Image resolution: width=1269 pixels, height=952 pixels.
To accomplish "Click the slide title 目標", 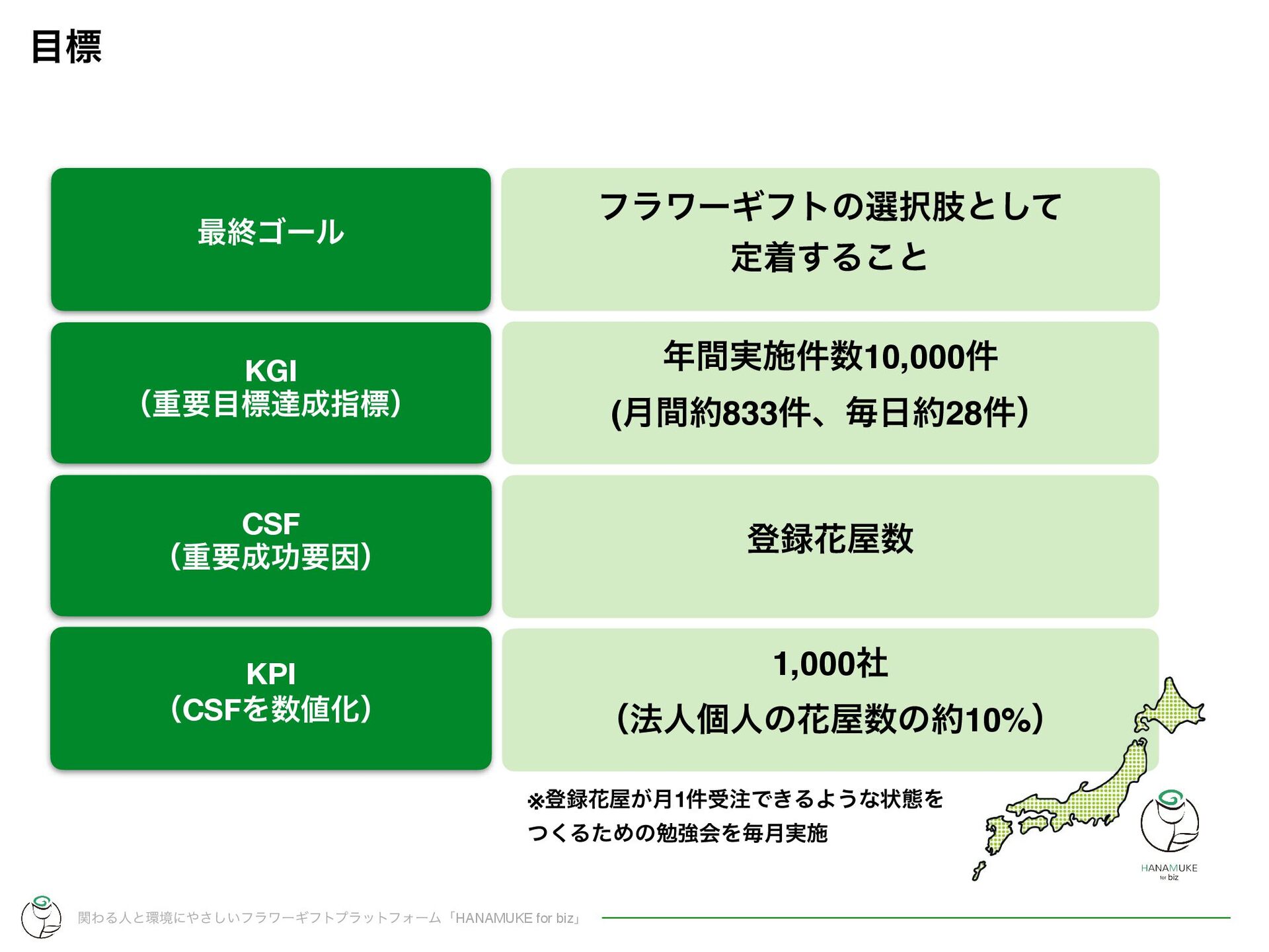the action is [x=66, y=47].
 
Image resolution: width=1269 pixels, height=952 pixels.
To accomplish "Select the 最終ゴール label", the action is [x=270, y=233].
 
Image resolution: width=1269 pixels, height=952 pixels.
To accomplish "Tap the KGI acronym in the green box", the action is [x=270, y=371].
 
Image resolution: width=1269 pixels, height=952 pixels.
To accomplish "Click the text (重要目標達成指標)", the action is [x=270, y=404].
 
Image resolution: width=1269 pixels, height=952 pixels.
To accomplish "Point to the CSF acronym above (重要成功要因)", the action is [x=270, y=524].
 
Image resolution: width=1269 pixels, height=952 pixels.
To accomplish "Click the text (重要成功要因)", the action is [x=270, y=557].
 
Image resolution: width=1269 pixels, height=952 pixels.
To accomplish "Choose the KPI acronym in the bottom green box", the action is [x=270, y=674].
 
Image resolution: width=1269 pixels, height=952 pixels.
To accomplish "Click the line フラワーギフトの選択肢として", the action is [x=829, y=207].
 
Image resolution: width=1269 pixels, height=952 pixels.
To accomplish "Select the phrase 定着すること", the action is [x=829, y=258].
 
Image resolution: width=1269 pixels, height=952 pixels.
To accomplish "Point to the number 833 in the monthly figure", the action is [x=750, y=414].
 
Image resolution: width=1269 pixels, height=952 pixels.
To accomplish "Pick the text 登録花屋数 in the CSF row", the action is [x=829, y=539].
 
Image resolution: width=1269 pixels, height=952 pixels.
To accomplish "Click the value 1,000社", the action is [x=829, y=664].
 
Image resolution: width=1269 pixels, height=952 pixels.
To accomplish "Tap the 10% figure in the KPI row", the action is [x=998, y=720].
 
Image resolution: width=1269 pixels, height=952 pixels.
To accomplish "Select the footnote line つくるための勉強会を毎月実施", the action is [x=677, y=833].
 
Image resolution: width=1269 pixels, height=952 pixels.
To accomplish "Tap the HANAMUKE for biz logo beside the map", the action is [x=1169, y=833].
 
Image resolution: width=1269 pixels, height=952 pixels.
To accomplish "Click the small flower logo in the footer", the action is [x=41, y=916].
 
